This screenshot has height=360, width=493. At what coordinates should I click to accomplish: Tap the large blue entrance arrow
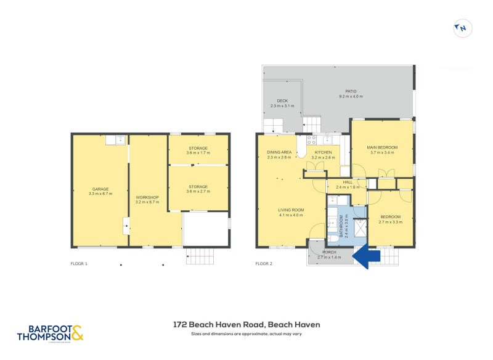[x=368, y=254]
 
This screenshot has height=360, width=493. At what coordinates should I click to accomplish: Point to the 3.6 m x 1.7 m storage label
[x=198, y=150]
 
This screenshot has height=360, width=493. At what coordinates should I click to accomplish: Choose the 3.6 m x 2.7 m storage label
[x=198, y=189]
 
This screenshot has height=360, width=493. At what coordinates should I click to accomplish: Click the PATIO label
[x=351, y=94]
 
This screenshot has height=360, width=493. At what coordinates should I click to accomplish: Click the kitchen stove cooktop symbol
[x=312, y=139]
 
